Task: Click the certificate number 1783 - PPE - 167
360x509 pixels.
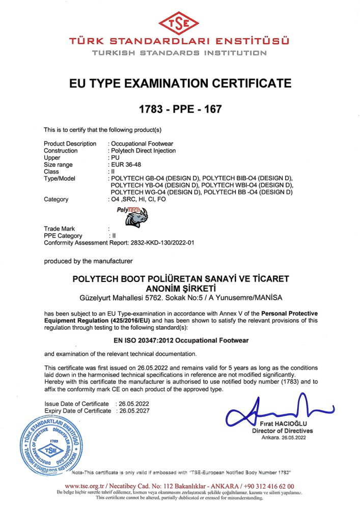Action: click(x=180, y=108)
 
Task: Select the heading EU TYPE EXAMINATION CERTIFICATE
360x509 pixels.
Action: click(x=180, y=83)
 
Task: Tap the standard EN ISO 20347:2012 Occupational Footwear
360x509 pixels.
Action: click(x=180, y=338)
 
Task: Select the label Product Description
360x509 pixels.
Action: click(x=70, y=144)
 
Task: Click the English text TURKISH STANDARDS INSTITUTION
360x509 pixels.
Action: click(x=180, y=53)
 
